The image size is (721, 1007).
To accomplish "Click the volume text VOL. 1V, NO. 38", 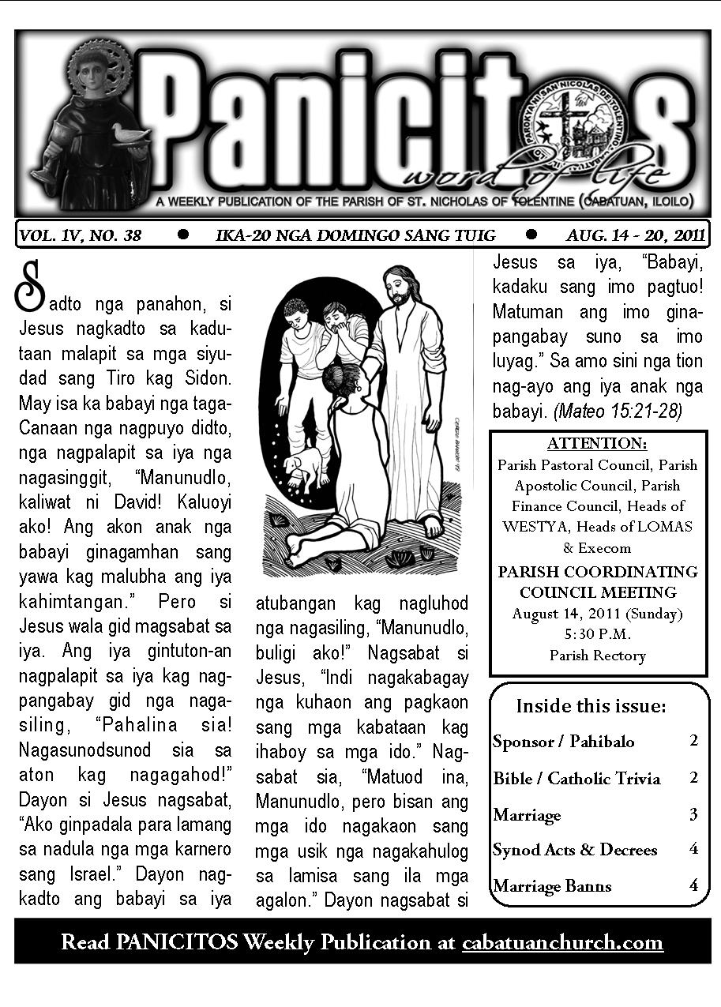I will (x=81, y=235).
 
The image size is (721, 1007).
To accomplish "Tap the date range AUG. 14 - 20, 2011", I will (x=635, y=235).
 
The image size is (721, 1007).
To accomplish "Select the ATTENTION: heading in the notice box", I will (x=597, y=443).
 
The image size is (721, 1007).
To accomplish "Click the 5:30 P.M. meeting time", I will (x=597, y=634).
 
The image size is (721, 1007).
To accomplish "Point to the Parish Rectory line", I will (x=597, y=656).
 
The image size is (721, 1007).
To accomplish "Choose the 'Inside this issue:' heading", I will (x=591, y=705).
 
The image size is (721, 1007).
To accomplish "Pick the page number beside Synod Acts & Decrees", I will (x=693, y=850).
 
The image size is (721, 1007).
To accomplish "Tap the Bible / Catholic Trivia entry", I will (x=576, y=778).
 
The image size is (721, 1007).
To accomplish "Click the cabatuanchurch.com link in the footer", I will (x=562, y=942).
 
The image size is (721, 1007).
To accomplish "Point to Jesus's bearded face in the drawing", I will (x=400, y=290).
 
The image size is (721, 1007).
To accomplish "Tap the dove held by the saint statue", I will (x=130, y=133).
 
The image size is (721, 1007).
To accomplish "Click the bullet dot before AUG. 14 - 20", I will (x=531, y=234).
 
